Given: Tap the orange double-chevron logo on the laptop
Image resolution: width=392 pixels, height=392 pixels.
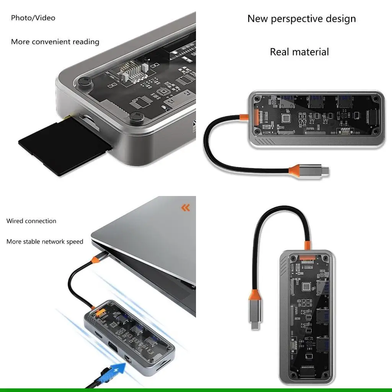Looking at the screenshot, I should pyautogui.click(x=185, y=208).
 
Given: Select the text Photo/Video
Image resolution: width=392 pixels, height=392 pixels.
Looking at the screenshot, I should pyautogui.click(x=33, y=18).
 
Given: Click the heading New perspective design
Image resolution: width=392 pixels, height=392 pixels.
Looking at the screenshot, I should pyautogui.click(x=301, y=19).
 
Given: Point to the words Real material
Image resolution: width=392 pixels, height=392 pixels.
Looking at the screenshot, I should pyautogui.click(x=299, y=52).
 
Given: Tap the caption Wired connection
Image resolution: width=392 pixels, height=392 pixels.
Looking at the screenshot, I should pyautogui.click(x=31, y=221).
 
